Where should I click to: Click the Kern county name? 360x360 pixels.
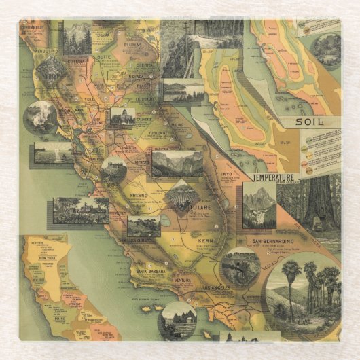pos(205,241)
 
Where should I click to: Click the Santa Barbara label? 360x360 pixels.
pos(153,272)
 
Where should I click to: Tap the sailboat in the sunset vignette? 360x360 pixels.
pos(52,152)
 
